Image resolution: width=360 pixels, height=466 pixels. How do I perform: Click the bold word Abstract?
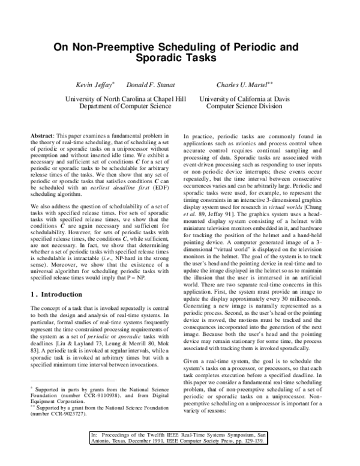tap(43, 137)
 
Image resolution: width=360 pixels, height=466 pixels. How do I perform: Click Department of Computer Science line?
tap(125, 106)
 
